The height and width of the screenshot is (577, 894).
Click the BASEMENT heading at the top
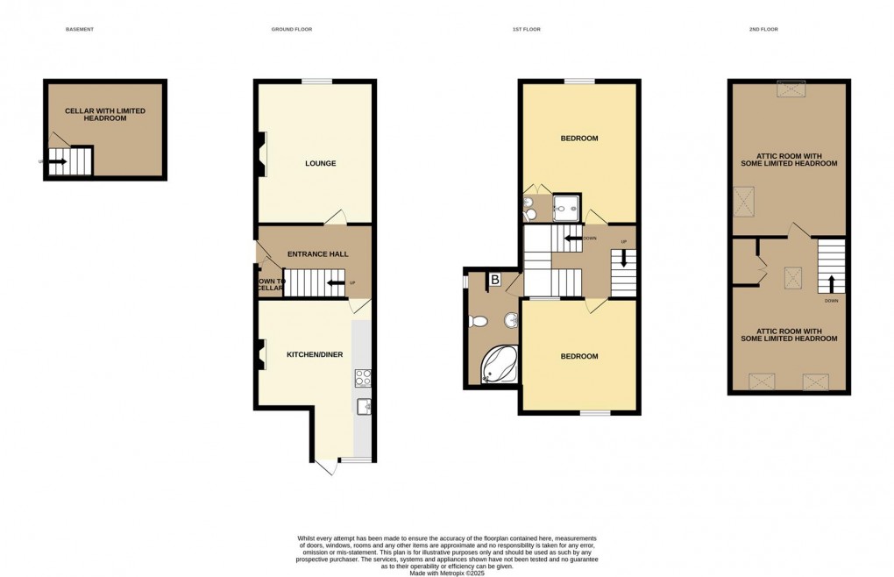point(79,30)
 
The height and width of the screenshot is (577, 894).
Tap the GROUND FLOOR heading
point(292,30)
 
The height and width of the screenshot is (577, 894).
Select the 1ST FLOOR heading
point(527,30)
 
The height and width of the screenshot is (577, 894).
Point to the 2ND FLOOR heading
point(763,30)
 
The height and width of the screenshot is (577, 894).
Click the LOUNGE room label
point(320,163)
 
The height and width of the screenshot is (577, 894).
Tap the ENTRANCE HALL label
point(317,254)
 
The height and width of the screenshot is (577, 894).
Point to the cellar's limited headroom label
point(105,114)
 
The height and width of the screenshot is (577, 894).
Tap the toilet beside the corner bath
point(479,322)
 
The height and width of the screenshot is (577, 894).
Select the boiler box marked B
point(494,281)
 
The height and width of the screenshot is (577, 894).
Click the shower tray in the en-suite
point(566,207)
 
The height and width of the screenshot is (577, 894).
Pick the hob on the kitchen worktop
point(364,378)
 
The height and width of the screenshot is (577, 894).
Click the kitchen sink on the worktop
point(364,405)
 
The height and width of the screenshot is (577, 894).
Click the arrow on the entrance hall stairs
point(334,282)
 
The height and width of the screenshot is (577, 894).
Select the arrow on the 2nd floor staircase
point(831,282)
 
